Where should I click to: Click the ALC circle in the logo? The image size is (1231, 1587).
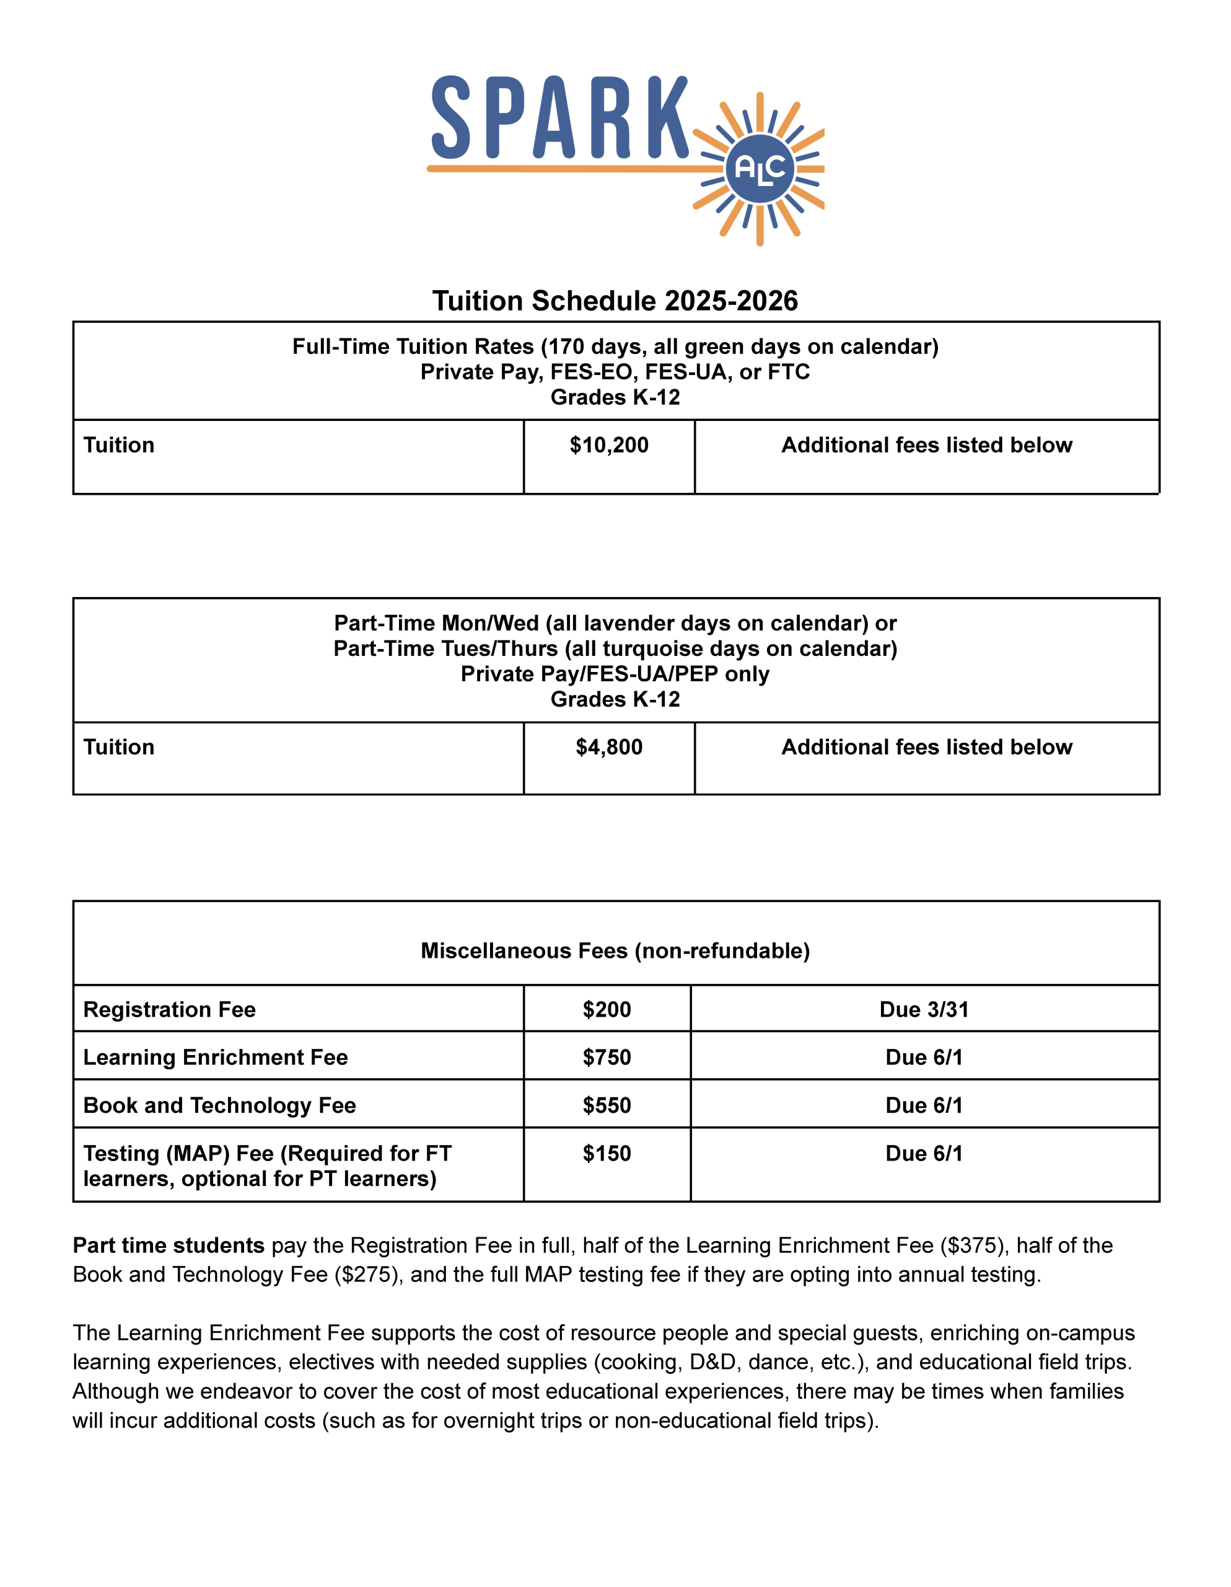[x=760, y=169]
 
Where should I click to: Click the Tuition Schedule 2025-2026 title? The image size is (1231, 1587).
[x=615, y=301]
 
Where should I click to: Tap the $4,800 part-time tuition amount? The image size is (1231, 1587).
[x=608, y=747]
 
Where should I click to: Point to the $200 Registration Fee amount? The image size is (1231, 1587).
[x=607, y=1009]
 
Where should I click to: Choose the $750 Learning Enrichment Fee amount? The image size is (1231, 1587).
[x=607, y=1057]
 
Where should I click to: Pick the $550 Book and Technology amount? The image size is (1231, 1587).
[x=607, y=1105]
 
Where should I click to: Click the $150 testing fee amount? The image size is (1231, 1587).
[x=607, y=1153]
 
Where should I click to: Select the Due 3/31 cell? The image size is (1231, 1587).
[x=924, y=1009]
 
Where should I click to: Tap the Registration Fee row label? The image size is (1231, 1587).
[x=169, y=1009]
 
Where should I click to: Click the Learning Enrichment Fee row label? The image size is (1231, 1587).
[x=215, y=1057]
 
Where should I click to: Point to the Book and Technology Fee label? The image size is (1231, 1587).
[x=219, y=1105]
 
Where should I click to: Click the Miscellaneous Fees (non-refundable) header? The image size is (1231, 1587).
[x=615, y=950]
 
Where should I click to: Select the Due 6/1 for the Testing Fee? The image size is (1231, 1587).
[x=924, y=1153]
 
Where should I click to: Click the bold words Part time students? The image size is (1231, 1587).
[x=169, y=1245]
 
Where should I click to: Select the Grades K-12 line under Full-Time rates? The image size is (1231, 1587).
[x=615, y=397]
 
